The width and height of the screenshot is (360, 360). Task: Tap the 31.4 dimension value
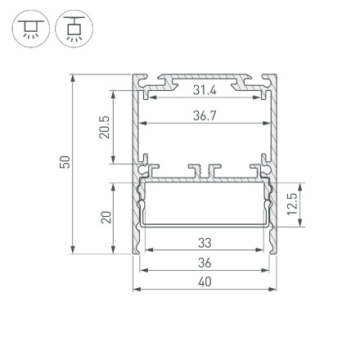click(204, 90)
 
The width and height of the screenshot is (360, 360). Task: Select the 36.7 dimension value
click(204, 116)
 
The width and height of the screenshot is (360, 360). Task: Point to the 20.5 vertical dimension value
click(104, 126)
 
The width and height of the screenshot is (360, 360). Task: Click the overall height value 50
click(65, 164)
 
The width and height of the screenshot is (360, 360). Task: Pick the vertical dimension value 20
click(104, 218)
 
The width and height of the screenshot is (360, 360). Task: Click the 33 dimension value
click(205, 243)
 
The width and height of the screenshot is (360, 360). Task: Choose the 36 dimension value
click(205, 262)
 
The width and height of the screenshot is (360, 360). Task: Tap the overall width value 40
click(205, 281)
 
